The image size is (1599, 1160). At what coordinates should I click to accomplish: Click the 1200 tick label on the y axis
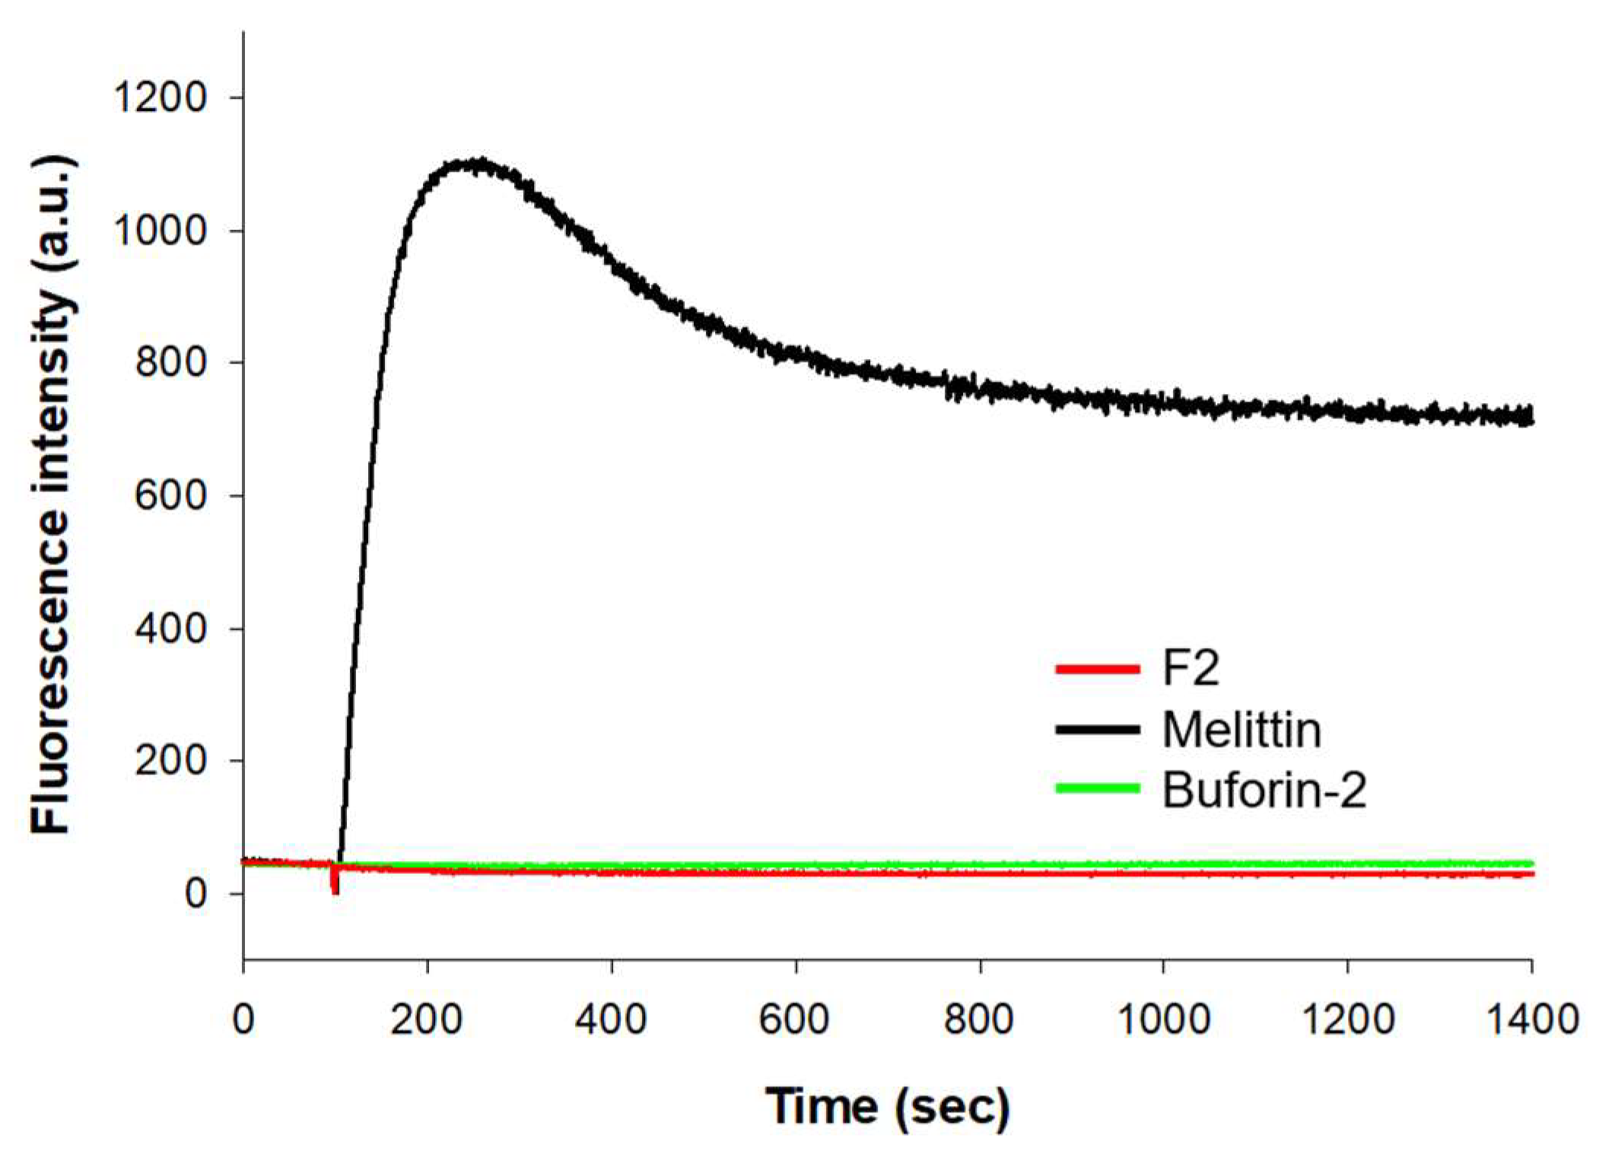(160, 98)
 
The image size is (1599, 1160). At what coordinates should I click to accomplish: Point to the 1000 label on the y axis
(160, 230)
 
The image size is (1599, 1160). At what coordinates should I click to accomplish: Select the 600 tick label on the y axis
(170, 496)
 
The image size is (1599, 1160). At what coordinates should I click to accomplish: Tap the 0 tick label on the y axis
(196, 894)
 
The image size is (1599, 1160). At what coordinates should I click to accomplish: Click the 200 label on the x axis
(427, 1019)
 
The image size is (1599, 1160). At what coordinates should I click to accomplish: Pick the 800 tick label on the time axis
(979, 1019)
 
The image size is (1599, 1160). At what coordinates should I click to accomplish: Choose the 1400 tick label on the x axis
(1531, 1019)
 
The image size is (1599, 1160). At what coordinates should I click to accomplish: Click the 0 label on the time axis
(243, 1019)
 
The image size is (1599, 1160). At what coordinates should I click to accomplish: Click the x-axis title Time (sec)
(887, 1107)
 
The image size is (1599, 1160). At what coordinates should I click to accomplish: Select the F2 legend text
(1191, 669)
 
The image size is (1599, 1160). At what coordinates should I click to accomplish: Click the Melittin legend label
(1241, 729)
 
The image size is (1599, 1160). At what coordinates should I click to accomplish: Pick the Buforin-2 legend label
(1264, 790)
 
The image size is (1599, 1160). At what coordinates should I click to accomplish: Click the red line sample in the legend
(1098, 669)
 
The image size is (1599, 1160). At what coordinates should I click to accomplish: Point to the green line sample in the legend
(1098, 789)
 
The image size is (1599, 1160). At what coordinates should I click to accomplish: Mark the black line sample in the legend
(1098, 729)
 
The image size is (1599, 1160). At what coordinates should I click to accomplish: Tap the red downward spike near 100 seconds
(335, 887)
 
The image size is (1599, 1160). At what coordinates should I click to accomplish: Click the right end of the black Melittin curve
(1530, 416)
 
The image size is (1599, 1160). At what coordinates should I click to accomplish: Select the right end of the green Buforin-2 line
(1530, 863)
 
